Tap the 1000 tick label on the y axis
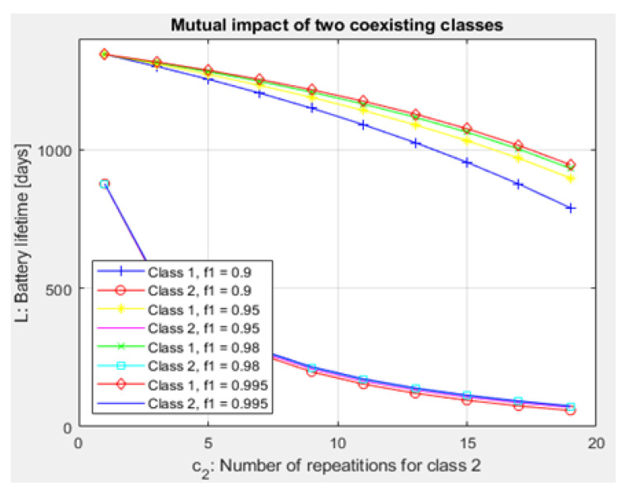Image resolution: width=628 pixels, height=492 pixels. (55, 150)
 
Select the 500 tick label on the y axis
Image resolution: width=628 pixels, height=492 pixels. (59, 289)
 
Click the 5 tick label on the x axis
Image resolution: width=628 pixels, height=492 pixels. (208, 442)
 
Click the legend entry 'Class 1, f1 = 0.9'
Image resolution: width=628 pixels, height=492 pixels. (196, 271)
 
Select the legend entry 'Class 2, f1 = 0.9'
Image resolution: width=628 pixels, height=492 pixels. (196, 290)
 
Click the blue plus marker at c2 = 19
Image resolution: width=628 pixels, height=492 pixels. (570, 208)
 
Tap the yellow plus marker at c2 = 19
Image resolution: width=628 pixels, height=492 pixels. (570, 178)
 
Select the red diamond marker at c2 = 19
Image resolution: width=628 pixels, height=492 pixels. (570, 165)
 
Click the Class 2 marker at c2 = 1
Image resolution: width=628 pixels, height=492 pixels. (105, 183)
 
